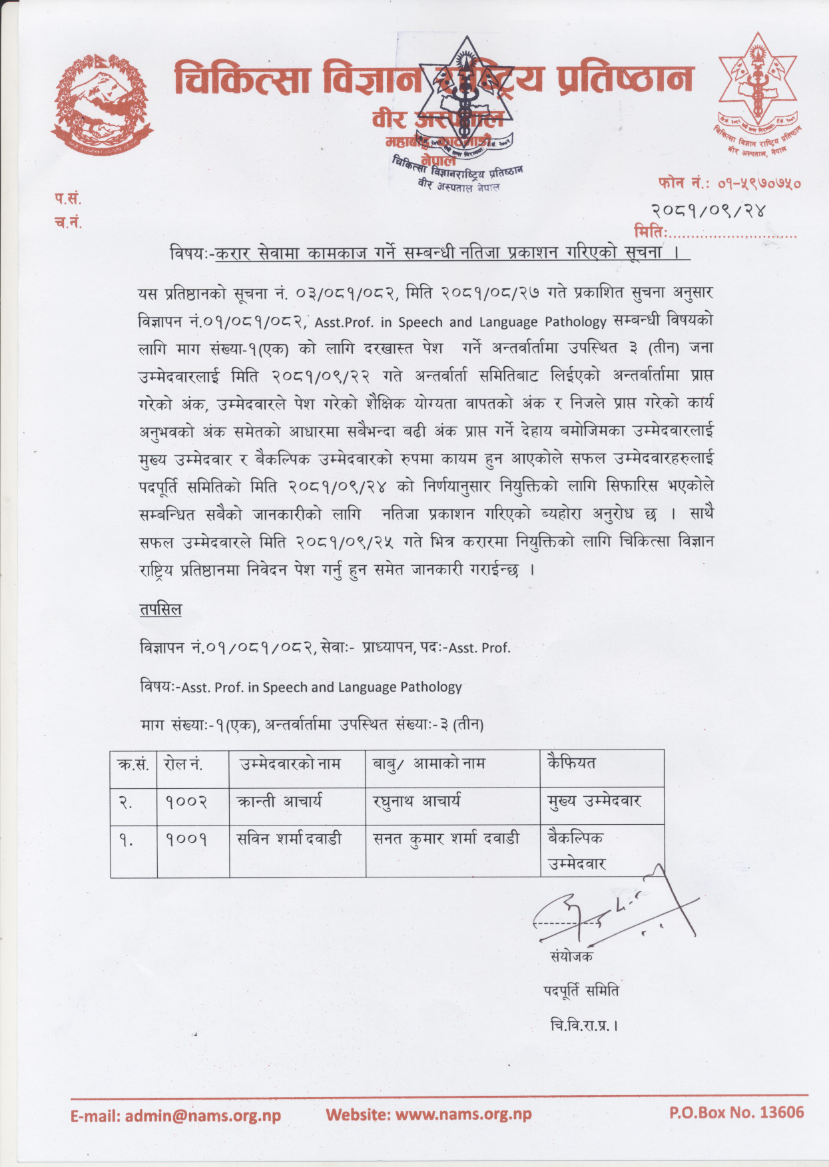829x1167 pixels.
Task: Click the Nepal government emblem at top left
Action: click(103, 105)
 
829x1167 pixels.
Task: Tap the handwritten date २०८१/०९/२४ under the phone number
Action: click(708, 211)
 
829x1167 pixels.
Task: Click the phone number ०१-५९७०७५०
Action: click(758, 183)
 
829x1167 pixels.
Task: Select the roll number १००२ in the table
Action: click(186, 802)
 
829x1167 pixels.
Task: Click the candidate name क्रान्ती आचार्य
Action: click(280, 802)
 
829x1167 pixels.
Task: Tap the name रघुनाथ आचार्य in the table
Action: click(417, 802)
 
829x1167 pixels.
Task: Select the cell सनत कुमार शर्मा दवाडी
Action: click(446, 839)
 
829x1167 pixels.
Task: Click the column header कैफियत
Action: click(571, 763)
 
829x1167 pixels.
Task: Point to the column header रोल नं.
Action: click(183, 764)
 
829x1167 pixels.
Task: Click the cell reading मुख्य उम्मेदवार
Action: click(594, 802)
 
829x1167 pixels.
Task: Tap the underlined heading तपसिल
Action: click(160, 610)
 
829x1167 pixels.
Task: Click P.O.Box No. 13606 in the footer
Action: click(736, 1112)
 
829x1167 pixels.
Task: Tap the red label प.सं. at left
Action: click(68, 198)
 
